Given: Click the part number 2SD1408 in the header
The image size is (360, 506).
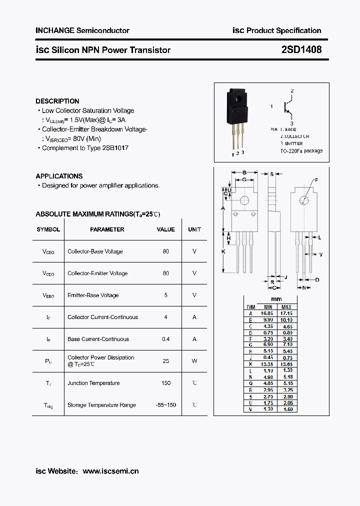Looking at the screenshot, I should pyautogui.click(x=301, y=50).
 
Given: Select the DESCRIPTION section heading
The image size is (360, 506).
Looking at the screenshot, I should pyautogui.click(x=57, y=101).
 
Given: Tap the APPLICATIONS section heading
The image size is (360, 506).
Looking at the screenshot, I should pyautogui.click(x=59, y=176).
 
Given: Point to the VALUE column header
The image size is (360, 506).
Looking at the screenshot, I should pyautogui.click(x=165, y=229).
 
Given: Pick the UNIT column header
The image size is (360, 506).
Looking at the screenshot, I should pyautogui.click(x=194, y=229).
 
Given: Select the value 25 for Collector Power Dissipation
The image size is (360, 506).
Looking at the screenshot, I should pyautogui.click(x=165, y=361).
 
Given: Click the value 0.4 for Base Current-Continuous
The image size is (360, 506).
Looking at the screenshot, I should pyautogui.click(x=165, y=339).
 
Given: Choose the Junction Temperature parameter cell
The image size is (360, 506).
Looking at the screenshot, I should pyautogui.click(x=93, y=383).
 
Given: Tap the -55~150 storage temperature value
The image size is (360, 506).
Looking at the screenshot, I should pyautogui.click(x=165, y=405).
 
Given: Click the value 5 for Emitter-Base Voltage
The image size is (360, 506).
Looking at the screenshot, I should pyautogui.click(x=165, y=295).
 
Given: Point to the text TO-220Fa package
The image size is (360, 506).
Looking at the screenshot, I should pyautogui.click(x=301, y=151).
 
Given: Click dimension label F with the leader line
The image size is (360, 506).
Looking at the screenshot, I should pyautogui.click(x=316, y=180).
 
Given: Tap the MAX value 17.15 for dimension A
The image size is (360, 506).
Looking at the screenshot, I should pyautogui.click(x=286, y=313).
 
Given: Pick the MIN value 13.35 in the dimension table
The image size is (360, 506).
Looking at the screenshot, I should pyautogui.click(x=268, y=364).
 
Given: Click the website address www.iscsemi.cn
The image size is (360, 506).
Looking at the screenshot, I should pyautogui.click(x=110, y=471).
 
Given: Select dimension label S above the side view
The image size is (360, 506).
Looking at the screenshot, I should pyautogui.click(x=271, y=174).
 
